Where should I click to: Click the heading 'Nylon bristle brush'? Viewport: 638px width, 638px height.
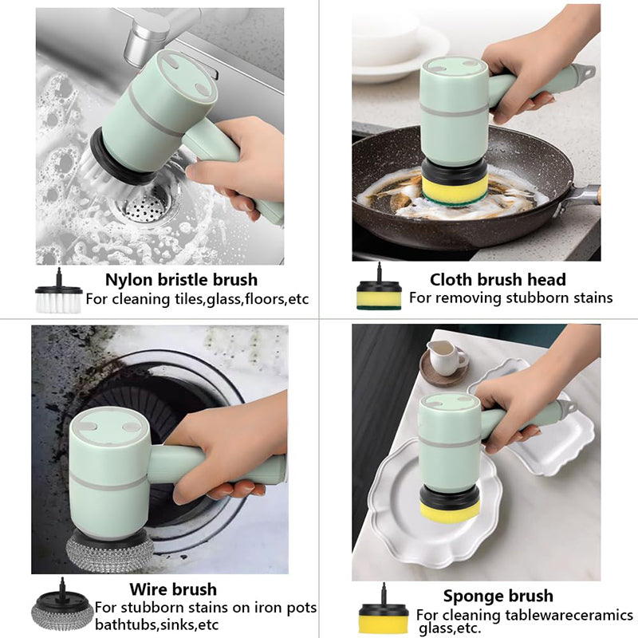point(182,280)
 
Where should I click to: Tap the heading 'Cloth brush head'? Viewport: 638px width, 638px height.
point(498,280)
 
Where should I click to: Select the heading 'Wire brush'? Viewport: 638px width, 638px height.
point(173,589)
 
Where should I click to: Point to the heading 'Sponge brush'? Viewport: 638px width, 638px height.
point(498,596)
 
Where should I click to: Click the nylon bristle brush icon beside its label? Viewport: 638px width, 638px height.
point(58,290)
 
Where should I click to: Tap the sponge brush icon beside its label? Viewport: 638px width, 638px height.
point(384,609)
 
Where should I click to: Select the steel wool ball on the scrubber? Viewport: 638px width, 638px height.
point(110,552)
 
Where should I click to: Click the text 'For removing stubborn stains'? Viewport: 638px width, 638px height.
point(511,297)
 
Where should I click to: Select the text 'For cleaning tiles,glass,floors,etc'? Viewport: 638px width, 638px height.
point(197,299)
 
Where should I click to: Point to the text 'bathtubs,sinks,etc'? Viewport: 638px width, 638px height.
point(157,624)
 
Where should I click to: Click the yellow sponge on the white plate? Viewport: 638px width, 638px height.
point(450,510)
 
